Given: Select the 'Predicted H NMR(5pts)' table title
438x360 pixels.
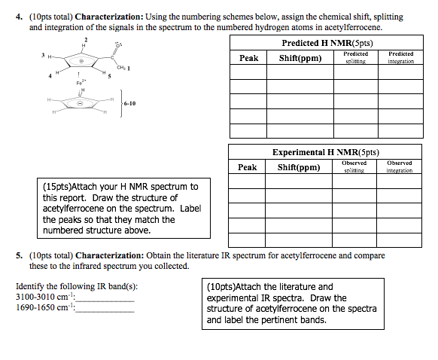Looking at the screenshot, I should point(327,44).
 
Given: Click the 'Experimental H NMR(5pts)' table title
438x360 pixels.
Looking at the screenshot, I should point(325,152).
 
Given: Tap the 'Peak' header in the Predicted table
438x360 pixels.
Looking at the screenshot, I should point(248,58).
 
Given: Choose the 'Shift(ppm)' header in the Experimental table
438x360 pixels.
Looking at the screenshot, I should point(299,167).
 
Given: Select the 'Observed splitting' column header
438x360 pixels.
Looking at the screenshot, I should point(354,166).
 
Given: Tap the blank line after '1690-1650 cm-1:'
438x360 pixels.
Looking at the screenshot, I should point(106,309).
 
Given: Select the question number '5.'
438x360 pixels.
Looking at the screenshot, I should point(20,256).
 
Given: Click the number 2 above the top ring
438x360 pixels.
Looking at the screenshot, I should point(85,39).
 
